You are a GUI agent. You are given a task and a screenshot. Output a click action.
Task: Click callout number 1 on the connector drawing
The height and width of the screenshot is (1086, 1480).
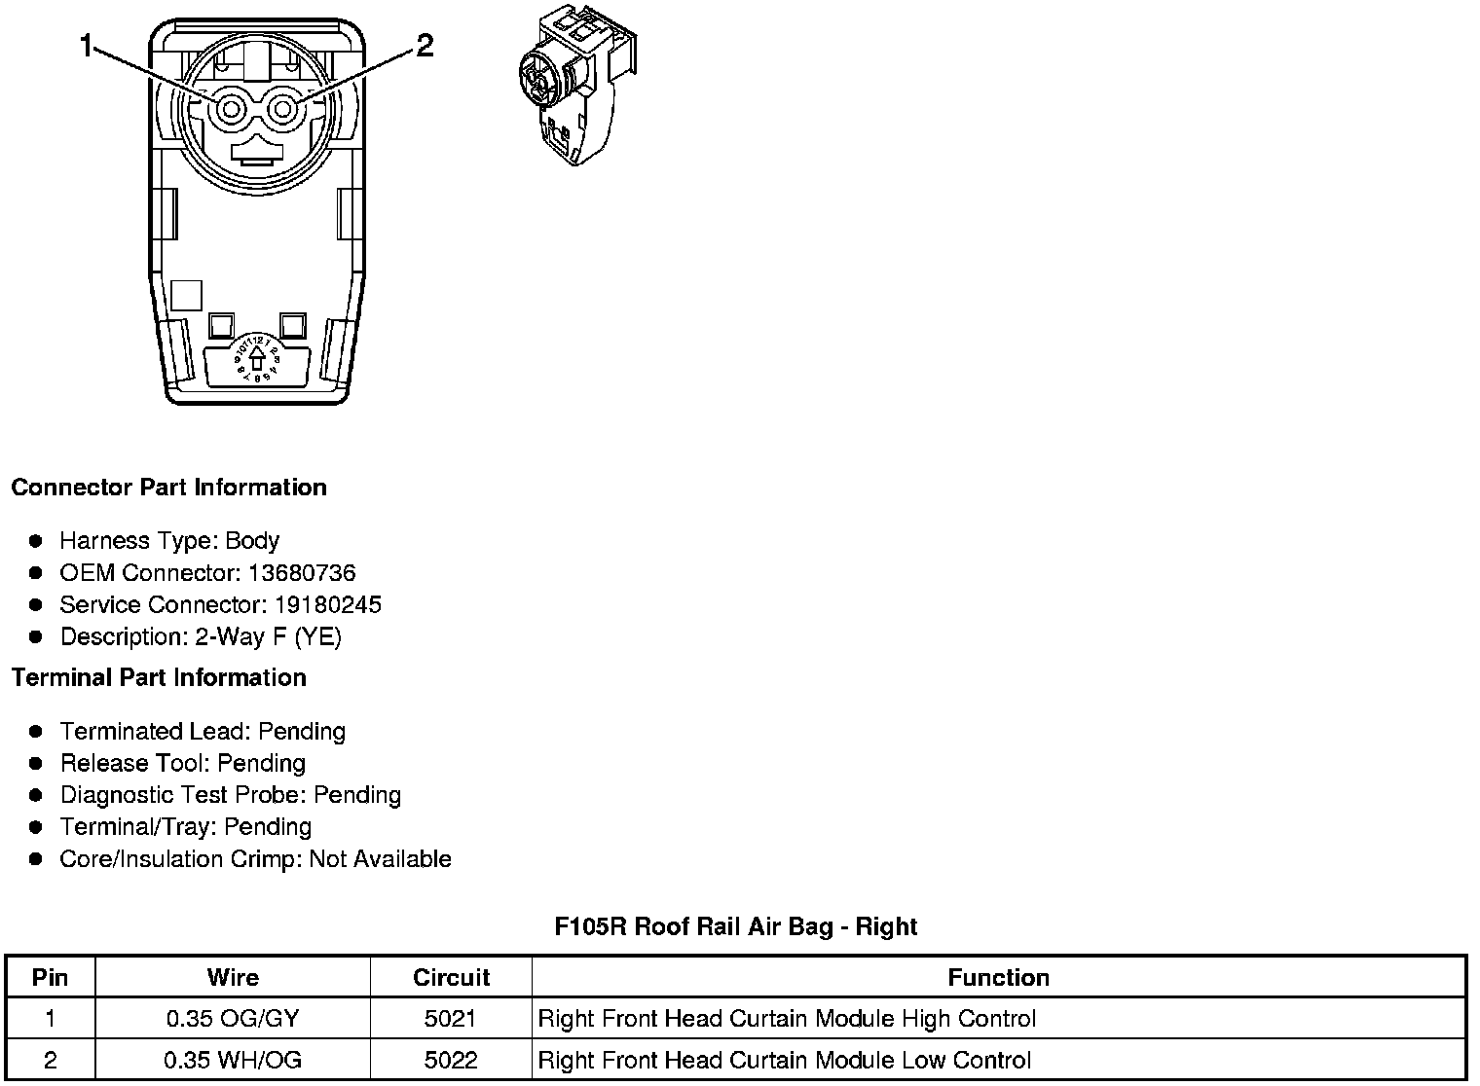[x=87, y=46]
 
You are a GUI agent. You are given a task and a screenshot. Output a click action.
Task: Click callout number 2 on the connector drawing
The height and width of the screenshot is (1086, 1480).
[x=425, y=46]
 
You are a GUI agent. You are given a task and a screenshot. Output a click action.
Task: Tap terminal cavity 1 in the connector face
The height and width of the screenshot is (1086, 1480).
[x=231, y=109]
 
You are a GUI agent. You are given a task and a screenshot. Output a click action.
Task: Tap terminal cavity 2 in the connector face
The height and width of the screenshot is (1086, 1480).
[x=283, y=109]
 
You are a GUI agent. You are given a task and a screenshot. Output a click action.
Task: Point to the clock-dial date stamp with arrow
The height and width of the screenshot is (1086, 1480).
[x=257, y=357]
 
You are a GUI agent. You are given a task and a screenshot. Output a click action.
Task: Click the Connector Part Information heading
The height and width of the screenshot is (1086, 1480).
[x=168, y=488]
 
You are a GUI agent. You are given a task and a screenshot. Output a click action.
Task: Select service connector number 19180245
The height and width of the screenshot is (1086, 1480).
[x=327, y=605]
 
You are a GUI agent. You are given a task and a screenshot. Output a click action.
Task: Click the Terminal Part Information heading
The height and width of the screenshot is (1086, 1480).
[x=159, y=678]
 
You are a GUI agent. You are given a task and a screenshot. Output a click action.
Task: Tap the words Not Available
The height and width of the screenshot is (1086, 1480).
[x=380, y=859]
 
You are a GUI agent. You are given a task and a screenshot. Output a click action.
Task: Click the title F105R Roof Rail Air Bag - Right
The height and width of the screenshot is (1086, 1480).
[x=736, y=926]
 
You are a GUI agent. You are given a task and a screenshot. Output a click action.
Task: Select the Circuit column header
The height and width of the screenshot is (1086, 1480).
[x=451, y=978]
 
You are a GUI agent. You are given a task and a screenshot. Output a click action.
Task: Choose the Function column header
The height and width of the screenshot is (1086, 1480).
[x=998, y=978]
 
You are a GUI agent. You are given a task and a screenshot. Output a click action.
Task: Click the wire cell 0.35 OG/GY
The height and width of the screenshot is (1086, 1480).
[x=233, y=1019]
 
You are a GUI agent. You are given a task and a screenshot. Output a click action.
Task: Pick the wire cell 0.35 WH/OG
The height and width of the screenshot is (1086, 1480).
[x=233, y=1060]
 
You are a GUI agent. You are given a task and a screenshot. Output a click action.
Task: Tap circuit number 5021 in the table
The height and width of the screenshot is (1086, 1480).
[x=451, y=1019]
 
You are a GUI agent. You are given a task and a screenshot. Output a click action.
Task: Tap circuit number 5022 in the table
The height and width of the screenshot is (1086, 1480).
[x=451, y=1060]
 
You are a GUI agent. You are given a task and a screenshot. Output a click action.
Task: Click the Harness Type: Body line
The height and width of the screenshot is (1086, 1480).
[x=169, y=541]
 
